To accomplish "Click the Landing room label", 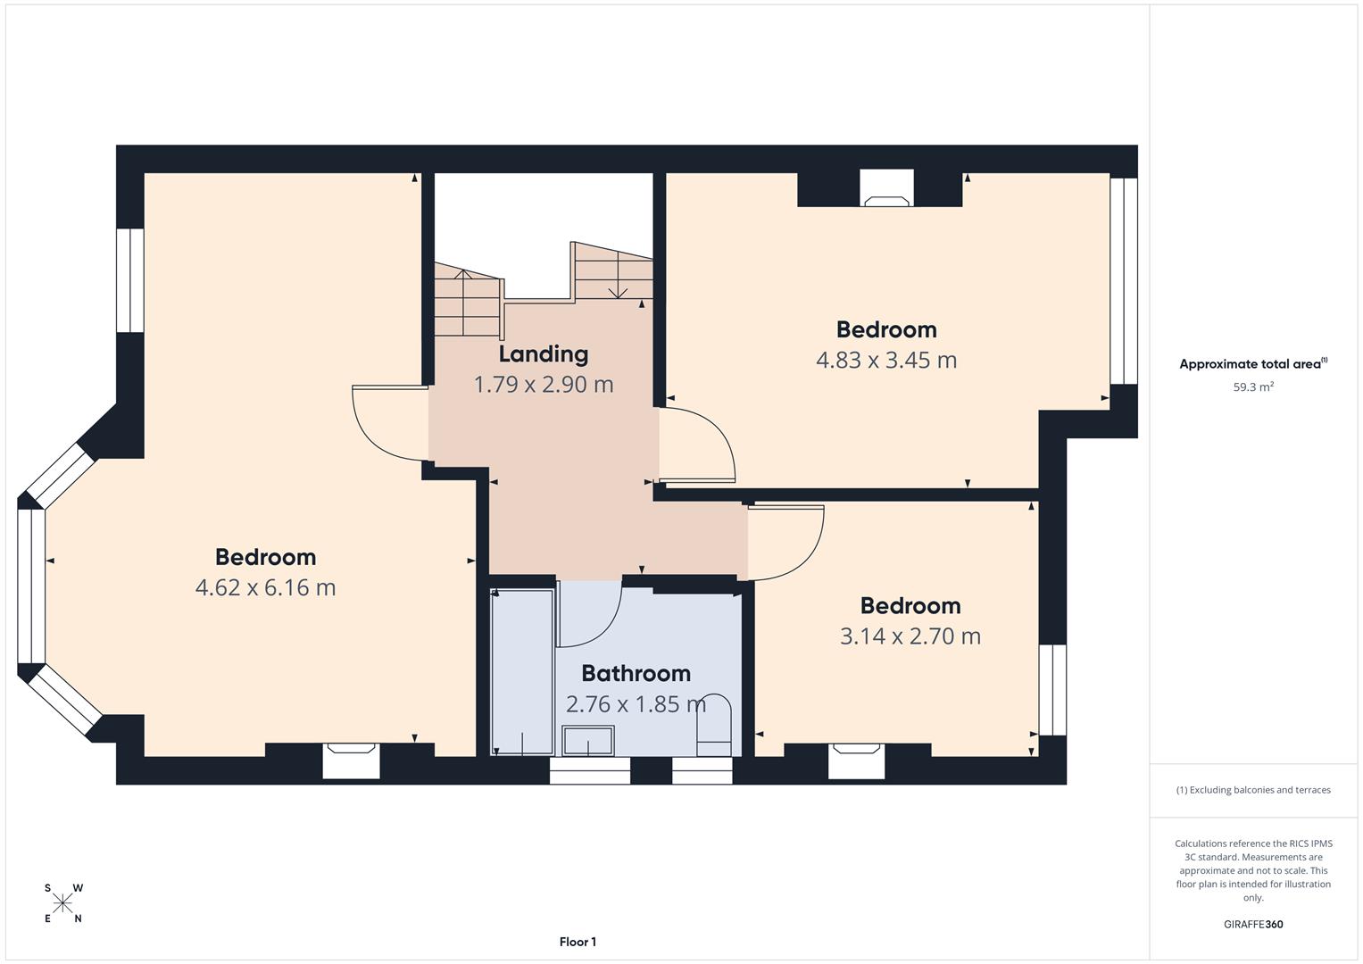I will (x=543, y=354).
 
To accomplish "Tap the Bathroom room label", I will (x=636, y=673).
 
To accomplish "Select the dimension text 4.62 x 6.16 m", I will (x=265, y=587).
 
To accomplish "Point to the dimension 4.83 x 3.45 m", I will (x=885, y=360).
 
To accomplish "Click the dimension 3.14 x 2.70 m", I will (x=910, y=636).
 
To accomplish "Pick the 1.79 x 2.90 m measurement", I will (x=543, y=385).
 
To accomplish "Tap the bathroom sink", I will (x=587, y=741).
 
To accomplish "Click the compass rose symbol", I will (x=62, y=903).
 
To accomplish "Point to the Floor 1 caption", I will (x=578, y=942).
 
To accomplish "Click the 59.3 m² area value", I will (x=1252, y=387).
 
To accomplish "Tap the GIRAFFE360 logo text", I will (x=1252, y=925).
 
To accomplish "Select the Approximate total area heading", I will (x=1252, y=364).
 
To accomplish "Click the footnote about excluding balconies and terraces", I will (x=1252, y=790).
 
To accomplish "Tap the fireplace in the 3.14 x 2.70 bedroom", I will (x=857, y=760).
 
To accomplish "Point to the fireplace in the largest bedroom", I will (x=351, y=760).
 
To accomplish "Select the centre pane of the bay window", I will (x=31, y=586).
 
